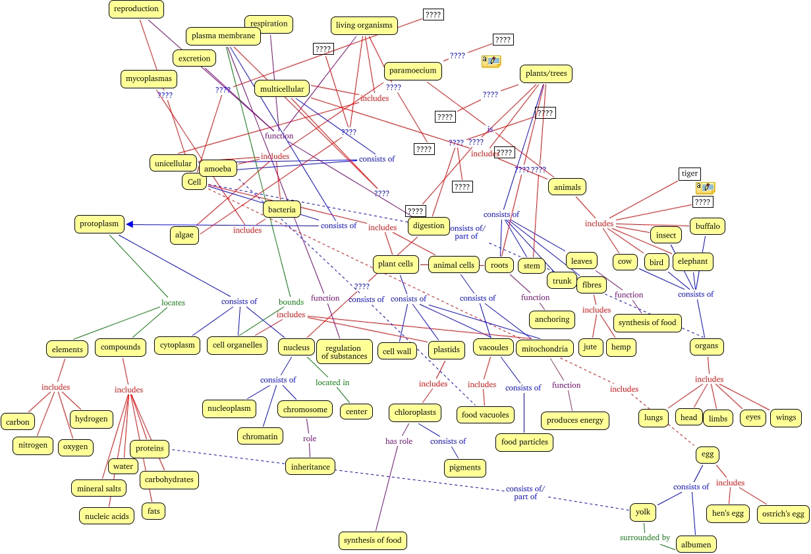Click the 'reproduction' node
136,9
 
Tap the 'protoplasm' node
99,224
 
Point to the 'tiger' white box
689,173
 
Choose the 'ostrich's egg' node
784,514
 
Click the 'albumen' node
696,544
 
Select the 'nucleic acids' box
106,516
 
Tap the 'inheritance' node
310,466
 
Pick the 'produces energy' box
574,420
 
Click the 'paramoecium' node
412,70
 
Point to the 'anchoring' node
552,319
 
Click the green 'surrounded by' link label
644,538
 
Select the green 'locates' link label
173,303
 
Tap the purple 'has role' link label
399,441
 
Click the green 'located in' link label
332,383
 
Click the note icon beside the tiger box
706,187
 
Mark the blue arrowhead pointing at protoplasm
130,224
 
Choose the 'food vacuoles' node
486,415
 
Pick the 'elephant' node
692,261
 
